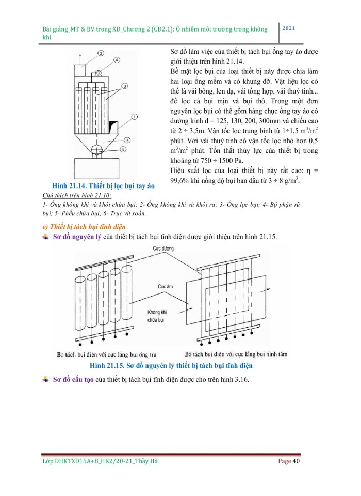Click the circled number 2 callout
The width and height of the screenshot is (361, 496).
[101, 53]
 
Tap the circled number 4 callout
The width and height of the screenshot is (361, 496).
[117, 60]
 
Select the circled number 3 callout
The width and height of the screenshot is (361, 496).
[125, 85]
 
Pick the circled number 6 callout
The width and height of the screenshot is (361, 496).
[123, 149]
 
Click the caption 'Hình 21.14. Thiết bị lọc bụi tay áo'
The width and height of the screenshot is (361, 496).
[104, 185]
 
